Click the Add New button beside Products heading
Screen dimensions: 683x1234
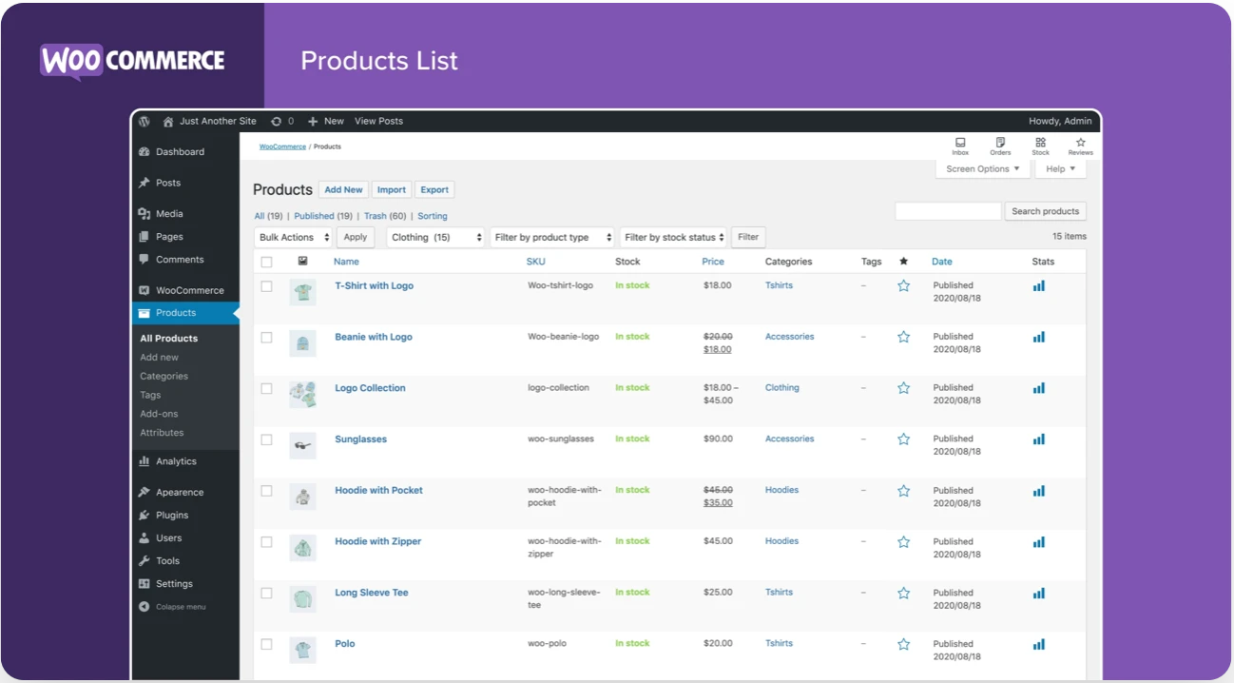point(343,189)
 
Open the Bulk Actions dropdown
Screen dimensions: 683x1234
point(295,237)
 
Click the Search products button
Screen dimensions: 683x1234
point(1045,211)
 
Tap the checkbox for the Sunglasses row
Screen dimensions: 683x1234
point(266,439)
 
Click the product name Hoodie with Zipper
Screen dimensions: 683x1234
point(377,541)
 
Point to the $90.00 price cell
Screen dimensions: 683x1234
point(718,439)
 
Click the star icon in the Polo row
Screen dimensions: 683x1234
point(903,644)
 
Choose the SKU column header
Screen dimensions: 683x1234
point(535,262)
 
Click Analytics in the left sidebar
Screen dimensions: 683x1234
point(176,461)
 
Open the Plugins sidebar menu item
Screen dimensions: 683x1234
point(172,515)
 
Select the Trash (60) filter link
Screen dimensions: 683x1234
point(384,216)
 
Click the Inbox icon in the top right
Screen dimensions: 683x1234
point(960,146)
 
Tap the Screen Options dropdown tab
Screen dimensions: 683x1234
point(983,168)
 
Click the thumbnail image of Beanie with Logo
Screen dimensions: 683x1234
point(302,343)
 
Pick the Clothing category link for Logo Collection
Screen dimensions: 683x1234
point(781,388)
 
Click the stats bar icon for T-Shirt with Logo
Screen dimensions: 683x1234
point(1038,285)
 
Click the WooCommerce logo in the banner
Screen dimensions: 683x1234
point(132,61)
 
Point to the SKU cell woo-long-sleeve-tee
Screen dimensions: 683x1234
point(564,598)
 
